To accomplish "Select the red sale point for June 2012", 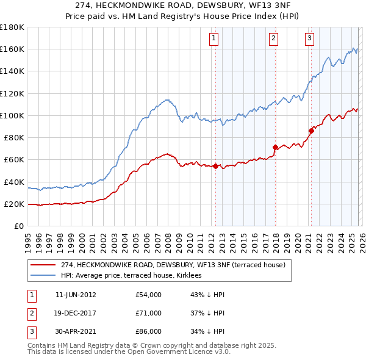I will [x=215, y=167].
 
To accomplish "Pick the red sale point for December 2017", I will [x=275, y=147].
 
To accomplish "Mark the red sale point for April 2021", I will [x=311, y=131].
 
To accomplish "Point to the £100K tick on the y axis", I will [x=12, y=115].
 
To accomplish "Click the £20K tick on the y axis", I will [x=13, y=204].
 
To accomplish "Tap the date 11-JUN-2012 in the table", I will [x=76, y=295].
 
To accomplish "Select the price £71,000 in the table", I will [x=148, y=313].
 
